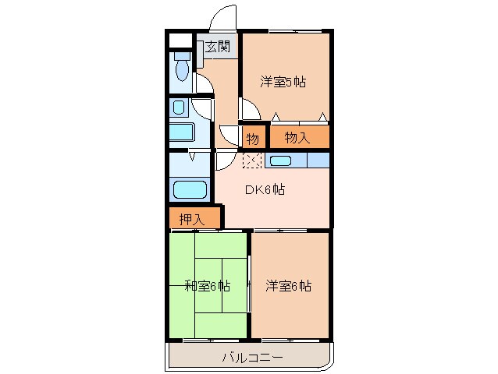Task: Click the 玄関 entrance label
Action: pyautogui.click(x=219, y=48)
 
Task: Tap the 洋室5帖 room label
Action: pyautogui.click(x=282, y=81)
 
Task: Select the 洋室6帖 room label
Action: pyautogui.click(x=288, y=286)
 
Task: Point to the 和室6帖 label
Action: pyautogui.click(x=207, y=286)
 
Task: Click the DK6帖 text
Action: pyautogui.click(x=265, y=189)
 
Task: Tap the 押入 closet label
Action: pyautogui.click(x=191, y=219)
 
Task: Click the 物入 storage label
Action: pyautogui.click(x=297, y=138)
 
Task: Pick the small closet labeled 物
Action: pyautogui.click(x=252, y=139)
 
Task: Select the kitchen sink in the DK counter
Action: pyautogui.click(x=280, y=161)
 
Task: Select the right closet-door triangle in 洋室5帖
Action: pyautogui.click(x=322, y=118)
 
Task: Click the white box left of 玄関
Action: pyautogui.click(x=180, y=41)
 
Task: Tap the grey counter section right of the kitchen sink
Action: pyautogui.click(x=318, y=161)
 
